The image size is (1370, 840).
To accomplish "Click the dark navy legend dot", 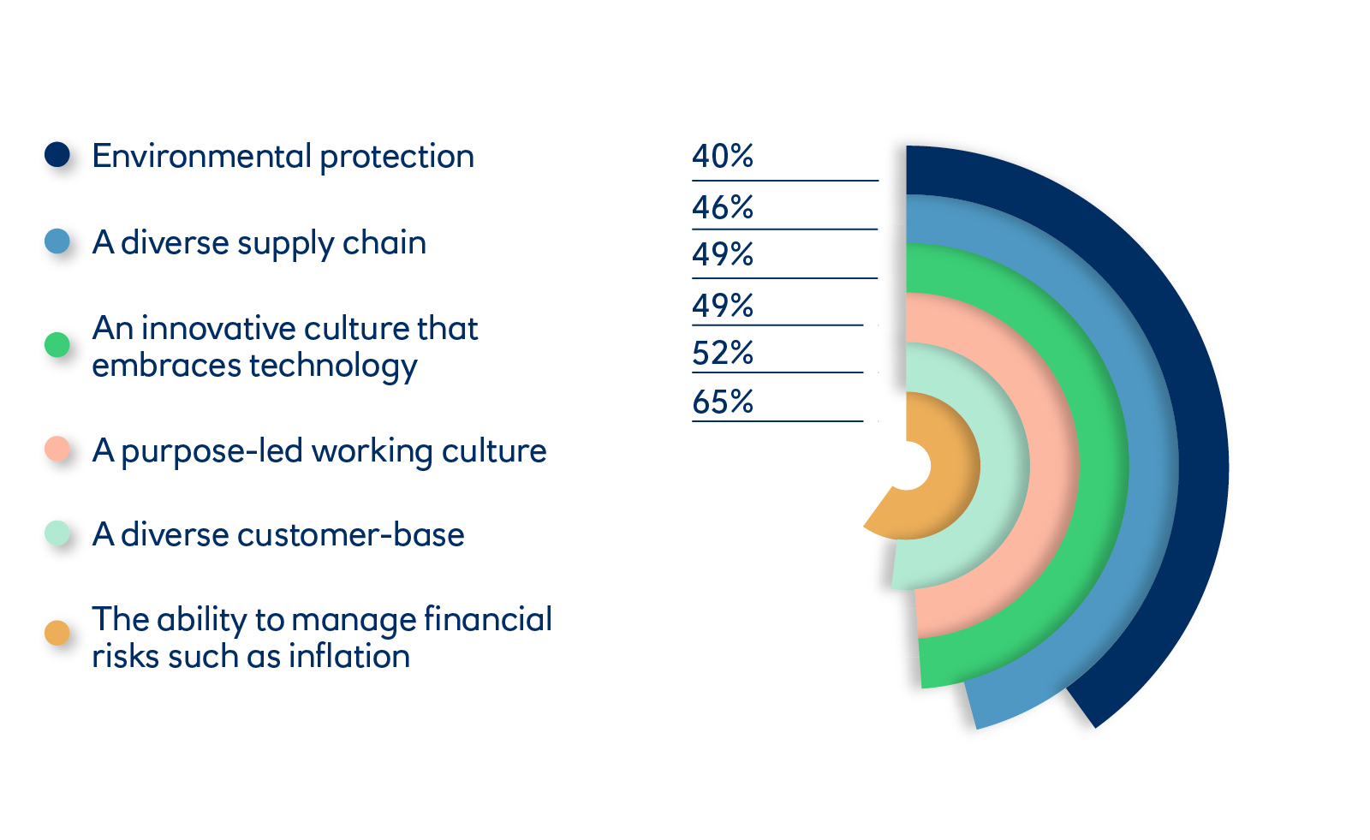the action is pos(57,154).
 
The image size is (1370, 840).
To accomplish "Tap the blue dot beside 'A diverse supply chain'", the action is pos(57,241).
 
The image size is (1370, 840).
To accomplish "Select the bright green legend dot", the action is pos(57,345).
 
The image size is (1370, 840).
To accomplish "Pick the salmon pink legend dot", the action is pos(57,449).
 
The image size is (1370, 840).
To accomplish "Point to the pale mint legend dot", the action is pos(57,533).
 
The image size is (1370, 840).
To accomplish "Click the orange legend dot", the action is pos(57,634).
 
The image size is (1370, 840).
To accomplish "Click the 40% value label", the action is pos(723,156).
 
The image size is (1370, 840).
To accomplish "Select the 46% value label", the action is pos(723,207).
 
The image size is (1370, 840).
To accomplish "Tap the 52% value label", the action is pos(723,353).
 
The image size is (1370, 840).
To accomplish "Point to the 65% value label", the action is pos(723,402).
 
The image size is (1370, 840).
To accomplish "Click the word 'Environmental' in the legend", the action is pos(202,156).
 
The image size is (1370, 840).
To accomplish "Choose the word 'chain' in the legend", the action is pos(384,242).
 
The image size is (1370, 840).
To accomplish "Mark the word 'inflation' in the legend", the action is pos(349,656).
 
